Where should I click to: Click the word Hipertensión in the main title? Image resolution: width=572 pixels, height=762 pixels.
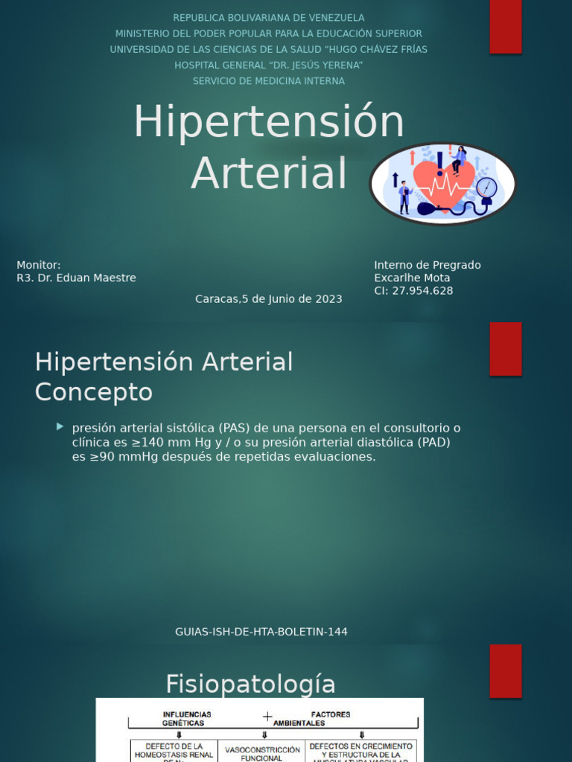(268, 123)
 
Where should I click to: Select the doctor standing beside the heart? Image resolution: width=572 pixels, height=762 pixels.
(404, 196)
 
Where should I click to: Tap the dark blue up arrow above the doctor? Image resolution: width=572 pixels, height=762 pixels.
(395, 179)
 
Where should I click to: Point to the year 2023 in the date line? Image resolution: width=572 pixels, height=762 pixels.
(328, 299)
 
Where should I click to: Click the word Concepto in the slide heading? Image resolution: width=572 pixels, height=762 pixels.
(94, 392)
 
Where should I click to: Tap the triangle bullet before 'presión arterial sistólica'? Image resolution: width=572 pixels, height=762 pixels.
(60, 426)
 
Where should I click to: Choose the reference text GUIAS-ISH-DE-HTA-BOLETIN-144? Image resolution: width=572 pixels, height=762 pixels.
(261, 632)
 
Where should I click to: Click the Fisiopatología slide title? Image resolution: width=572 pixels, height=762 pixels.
(250, 683)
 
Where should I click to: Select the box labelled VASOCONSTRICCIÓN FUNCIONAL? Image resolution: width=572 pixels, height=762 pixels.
(261, 753)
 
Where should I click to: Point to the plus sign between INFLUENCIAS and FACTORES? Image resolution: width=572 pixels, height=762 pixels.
(267, 717)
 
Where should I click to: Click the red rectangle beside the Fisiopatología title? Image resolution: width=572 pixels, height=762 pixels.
(506, 670)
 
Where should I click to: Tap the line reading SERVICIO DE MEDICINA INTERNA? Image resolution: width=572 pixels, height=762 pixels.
(269, 81)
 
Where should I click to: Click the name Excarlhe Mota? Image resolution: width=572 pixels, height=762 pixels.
(412, 278)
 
